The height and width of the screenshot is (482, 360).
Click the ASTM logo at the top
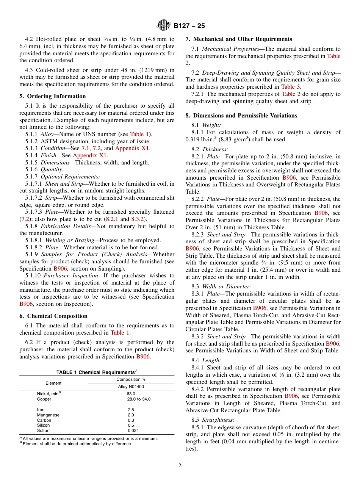[164, 26]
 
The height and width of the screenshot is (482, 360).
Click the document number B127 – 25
[189, 26]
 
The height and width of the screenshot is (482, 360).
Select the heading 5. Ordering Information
[53, 96]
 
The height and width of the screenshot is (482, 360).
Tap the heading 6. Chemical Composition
[53, 316]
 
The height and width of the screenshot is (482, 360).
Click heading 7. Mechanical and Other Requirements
[239, 39]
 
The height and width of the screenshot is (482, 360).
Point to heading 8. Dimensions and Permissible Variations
[241, 116]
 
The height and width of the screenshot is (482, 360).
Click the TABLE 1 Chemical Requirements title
[97, 372]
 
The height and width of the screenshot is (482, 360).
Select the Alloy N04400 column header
[131, 387]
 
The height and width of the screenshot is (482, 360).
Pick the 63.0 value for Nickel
[131, 394]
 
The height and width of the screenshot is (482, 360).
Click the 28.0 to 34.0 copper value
[139, 399]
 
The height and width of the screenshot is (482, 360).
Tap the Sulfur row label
[43, 430]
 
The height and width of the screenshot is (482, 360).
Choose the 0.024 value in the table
[133, 430]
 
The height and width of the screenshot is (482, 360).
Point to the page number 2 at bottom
[180, 466]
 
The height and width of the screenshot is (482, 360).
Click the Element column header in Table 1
[53, 383]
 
